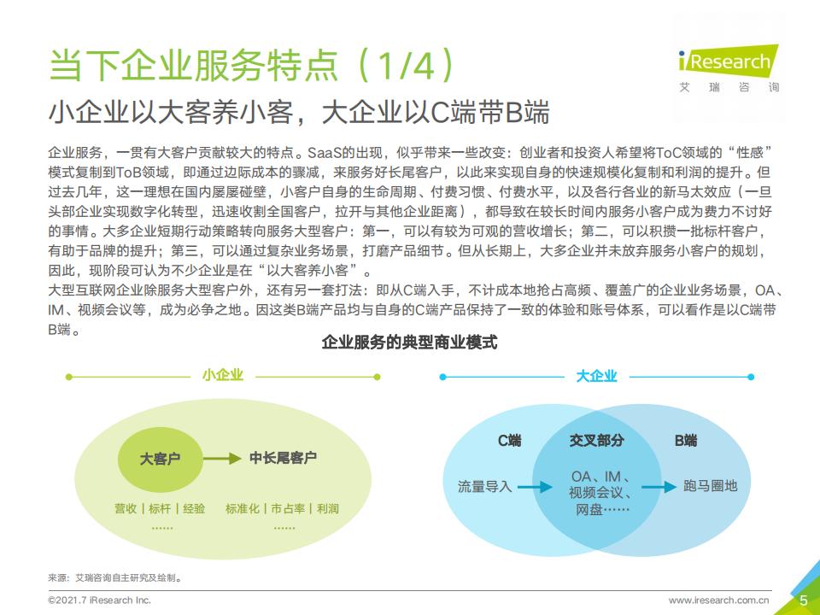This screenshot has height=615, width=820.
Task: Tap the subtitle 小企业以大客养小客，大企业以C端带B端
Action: tap(299, 113)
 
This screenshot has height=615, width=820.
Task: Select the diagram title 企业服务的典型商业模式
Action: tap(409, 343)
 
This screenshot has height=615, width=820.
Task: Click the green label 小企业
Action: tap(223, 376)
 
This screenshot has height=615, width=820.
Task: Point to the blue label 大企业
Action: tap(596, 376)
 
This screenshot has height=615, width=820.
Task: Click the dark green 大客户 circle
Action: tap(161, 459)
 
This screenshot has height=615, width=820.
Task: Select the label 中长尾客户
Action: tap(283, 459)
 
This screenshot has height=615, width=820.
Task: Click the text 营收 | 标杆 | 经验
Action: tap(161, 508)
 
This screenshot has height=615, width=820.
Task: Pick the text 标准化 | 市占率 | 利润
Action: tap(282, 508)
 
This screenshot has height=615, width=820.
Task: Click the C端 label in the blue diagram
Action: tap(509, 441)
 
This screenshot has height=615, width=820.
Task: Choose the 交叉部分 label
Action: tap(596, 441)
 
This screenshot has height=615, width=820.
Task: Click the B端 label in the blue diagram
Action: tap(685, 441)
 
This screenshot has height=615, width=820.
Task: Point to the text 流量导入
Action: tap(484, 486)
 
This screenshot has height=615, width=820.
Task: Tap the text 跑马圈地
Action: tap(710, 486)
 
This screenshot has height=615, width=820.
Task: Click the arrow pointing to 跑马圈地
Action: tap(658, 487)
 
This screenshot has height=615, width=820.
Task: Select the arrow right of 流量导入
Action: tap(535, 487)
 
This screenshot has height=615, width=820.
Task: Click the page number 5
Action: tap(804, 600)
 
